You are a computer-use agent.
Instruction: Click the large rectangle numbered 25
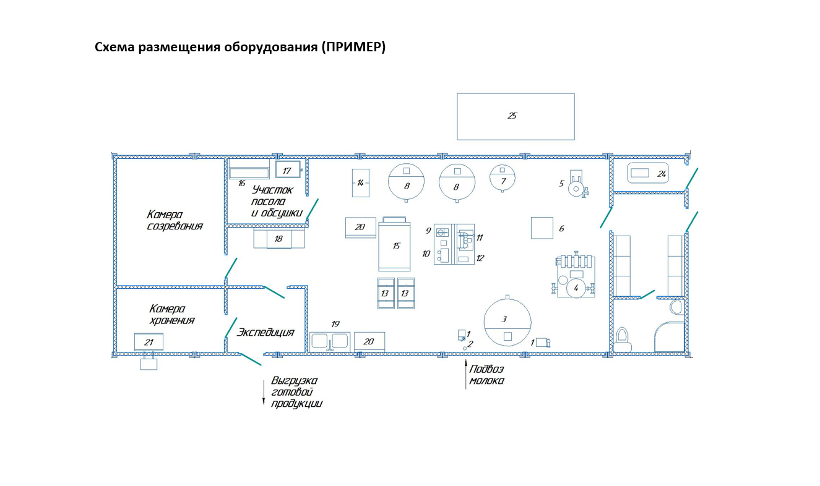(x=515, y=116)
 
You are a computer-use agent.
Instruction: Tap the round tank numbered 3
(x=507, y=322)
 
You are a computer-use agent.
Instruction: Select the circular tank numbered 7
(x=502, y=178)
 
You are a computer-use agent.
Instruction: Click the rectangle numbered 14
(x=360, y=182)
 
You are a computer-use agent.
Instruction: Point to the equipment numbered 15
(x=395, y=245)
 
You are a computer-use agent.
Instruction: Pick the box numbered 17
(x=287, y=170)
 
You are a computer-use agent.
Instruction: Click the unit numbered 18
(x=279, y=239)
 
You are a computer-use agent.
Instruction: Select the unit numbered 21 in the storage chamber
(x=149, y=342)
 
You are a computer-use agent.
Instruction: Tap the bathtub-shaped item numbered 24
(x=648, y=174)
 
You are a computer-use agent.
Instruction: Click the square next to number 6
(x=542, y=228)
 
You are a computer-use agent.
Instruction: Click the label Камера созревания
(x=175, y=220)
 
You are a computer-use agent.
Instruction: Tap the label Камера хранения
(x=171, y=314)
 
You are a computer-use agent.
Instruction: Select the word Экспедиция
(x=265, y=333)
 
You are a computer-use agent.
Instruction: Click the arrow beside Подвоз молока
(x=465, y=375)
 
